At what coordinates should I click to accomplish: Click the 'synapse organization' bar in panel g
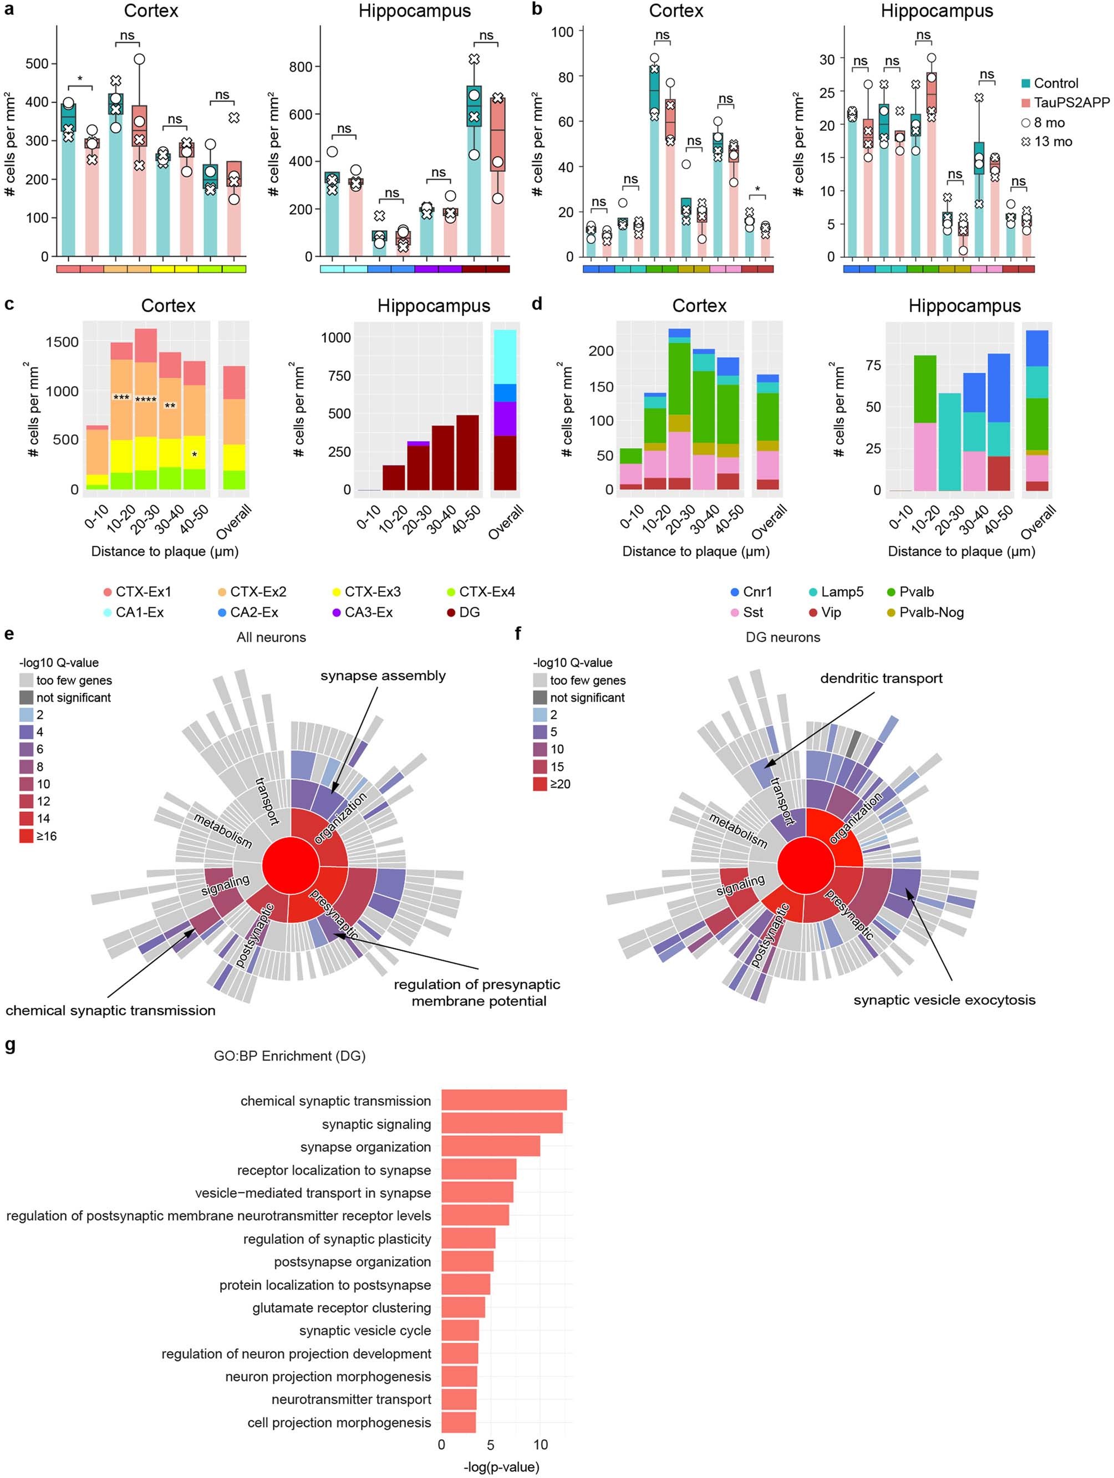point(490,1146)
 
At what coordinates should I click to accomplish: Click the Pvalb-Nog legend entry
point(931,612)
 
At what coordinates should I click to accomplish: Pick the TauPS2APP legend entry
point(1071,102)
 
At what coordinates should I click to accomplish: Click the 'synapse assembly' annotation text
point(383,675)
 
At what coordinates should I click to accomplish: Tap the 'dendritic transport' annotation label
point(881,678)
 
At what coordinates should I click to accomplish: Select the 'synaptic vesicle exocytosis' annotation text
point(944,1000)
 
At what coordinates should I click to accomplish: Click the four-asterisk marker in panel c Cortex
point(146,401)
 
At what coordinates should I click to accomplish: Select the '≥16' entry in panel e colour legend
point(46,836)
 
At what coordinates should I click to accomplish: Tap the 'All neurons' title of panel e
point(271,637)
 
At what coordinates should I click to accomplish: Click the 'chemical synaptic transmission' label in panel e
point(110,1010)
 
